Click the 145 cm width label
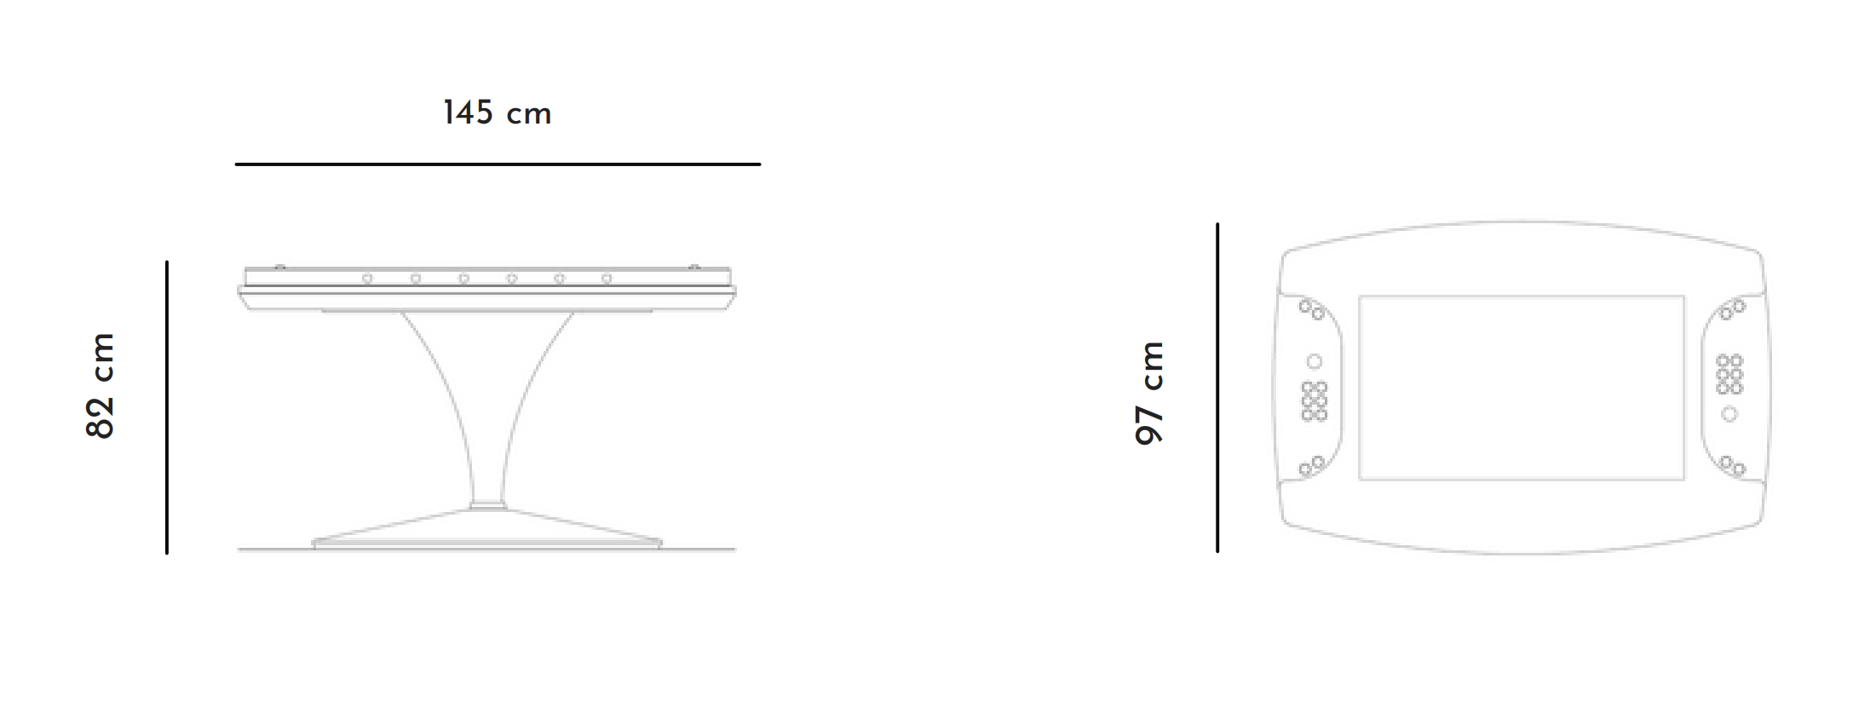pyautogui.click(x=497, y=112)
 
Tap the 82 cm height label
pyautogui.click(x=101, y=386)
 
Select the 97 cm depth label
pyautogui.click(x=1149, y=392)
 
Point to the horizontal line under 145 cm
pyautogui.click(x=498, y=164)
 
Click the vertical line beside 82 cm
pyautogui.click(x=167, y=407)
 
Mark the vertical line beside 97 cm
pyautogui.click(x=1217, y=388)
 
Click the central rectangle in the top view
pyautogui.click(x=1522, y=388)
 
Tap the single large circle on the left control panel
pyautogui.click(x=1315, y=362)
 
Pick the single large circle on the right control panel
pyautogui.click(x=1729, y=414)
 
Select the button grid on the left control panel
pyautogui.click(x=1315, y=401)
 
